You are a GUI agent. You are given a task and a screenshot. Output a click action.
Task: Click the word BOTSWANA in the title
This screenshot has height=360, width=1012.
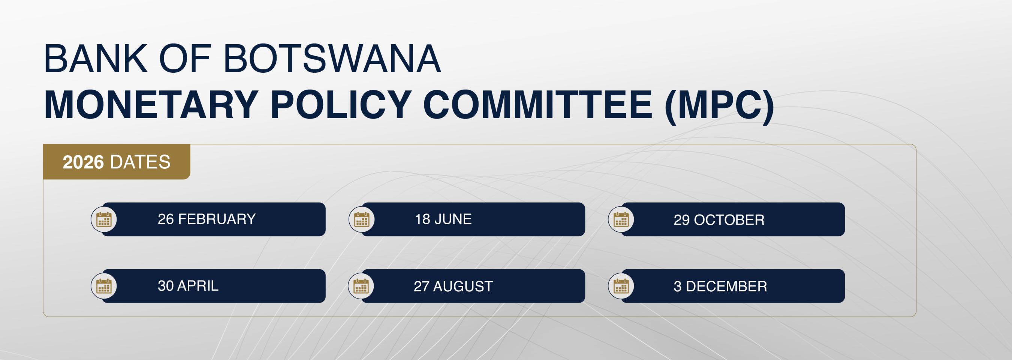(332, 58)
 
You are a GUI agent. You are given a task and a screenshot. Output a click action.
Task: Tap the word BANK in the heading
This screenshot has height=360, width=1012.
(96, 58)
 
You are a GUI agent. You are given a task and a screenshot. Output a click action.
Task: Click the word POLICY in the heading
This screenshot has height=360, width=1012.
(341, 105)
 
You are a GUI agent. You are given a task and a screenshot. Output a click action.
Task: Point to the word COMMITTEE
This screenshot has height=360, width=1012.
(538, 105)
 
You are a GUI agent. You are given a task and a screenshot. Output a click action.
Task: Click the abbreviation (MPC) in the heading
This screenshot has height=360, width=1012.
(719, 106)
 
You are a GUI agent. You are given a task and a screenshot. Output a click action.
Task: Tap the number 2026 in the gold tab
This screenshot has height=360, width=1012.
(83, 162)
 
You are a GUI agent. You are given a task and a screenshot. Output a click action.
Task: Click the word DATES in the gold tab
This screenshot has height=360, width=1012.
(140, 162)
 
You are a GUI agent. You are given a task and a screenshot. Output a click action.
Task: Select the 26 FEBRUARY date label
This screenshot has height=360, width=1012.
(207, 219)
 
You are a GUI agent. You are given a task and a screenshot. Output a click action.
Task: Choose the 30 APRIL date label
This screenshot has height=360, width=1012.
(188, 286)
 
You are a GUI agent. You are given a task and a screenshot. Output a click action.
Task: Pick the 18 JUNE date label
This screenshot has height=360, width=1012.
(443, 219)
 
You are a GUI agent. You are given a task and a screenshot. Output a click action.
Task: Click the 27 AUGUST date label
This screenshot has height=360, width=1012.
(453, 286)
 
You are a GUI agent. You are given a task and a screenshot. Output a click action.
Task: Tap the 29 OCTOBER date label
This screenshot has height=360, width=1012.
(719, 220)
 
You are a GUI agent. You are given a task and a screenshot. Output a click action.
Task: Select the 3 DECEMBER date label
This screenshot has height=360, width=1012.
(720, 286)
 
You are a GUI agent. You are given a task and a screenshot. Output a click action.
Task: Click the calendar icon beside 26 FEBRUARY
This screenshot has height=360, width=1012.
(104, 219)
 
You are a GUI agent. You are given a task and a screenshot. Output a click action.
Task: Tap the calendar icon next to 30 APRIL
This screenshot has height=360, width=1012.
(104, 286)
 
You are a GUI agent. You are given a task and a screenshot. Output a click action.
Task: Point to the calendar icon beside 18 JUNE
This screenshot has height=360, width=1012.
(361, 219)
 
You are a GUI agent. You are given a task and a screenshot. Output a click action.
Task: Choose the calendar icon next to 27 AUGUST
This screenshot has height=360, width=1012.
(361, 286)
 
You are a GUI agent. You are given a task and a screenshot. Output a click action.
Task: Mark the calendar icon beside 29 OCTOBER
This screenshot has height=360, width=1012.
(621, 219)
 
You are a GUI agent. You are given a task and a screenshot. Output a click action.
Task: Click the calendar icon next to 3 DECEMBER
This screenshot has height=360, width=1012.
(621, 286)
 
